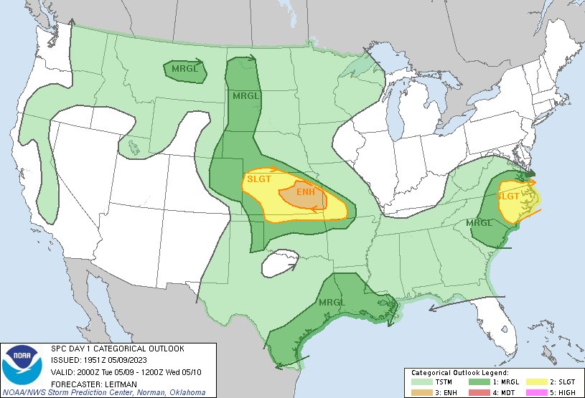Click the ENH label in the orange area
pos(306,192)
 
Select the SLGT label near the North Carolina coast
pos(508,196)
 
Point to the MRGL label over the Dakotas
pos(245,95)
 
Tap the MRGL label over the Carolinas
pos(479,222)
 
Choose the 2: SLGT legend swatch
pos(535,382)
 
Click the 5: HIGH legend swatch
pos(535,392)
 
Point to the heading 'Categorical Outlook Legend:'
pos(459,374)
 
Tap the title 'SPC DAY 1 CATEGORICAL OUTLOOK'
pos(117,349)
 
